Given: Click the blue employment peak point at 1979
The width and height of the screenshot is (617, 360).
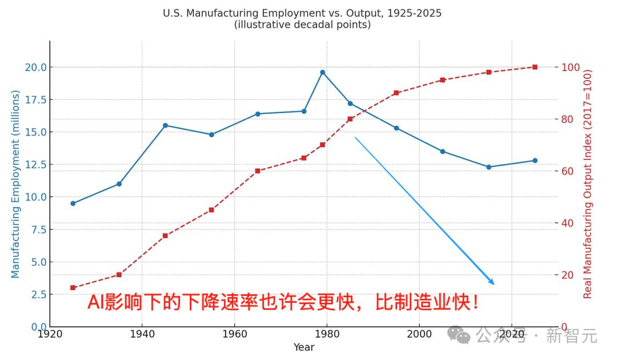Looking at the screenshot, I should pos(322,72).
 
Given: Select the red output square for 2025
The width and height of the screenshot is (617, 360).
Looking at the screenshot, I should pos(535,67).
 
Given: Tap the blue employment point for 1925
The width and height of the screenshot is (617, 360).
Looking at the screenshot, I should pos(73,203).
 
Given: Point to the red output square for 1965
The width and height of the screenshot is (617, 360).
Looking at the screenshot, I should pos(258,171).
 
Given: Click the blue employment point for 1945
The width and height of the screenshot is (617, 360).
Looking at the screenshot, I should pos(165,125).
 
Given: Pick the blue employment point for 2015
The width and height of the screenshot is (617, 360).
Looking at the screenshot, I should pos(488,167).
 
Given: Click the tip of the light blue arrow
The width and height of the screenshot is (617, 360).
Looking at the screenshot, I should pos(494,284).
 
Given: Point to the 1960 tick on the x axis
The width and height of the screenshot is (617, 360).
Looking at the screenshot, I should pos(234,334).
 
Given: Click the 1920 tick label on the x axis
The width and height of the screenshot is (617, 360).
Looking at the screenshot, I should pos(50,334).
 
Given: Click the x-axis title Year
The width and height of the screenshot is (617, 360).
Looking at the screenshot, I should pos(303,347).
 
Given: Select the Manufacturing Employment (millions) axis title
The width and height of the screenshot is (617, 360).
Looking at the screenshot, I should pos(15,183).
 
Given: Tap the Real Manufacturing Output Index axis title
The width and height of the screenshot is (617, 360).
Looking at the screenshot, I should pos(587,183).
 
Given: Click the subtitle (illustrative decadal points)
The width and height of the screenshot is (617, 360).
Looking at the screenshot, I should pos(302,25).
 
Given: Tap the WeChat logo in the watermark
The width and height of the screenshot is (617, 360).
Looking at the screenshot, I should pos(459,334).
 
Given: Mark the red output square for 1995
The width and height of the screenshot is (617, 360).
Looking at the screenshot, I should pos(396,93).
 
